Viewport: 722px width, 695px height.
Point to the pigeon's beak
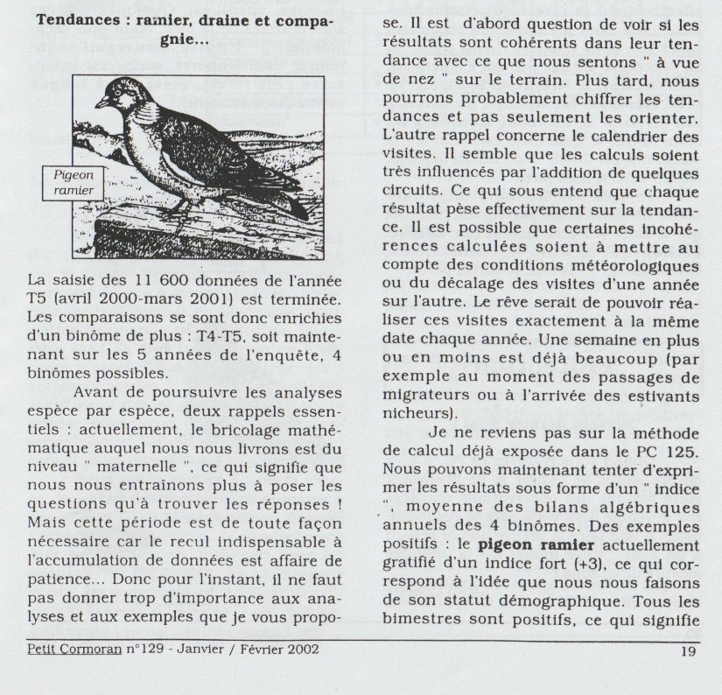(x=100, y=102)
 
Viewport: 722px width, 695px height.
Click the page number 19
(x=686, y=650)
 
